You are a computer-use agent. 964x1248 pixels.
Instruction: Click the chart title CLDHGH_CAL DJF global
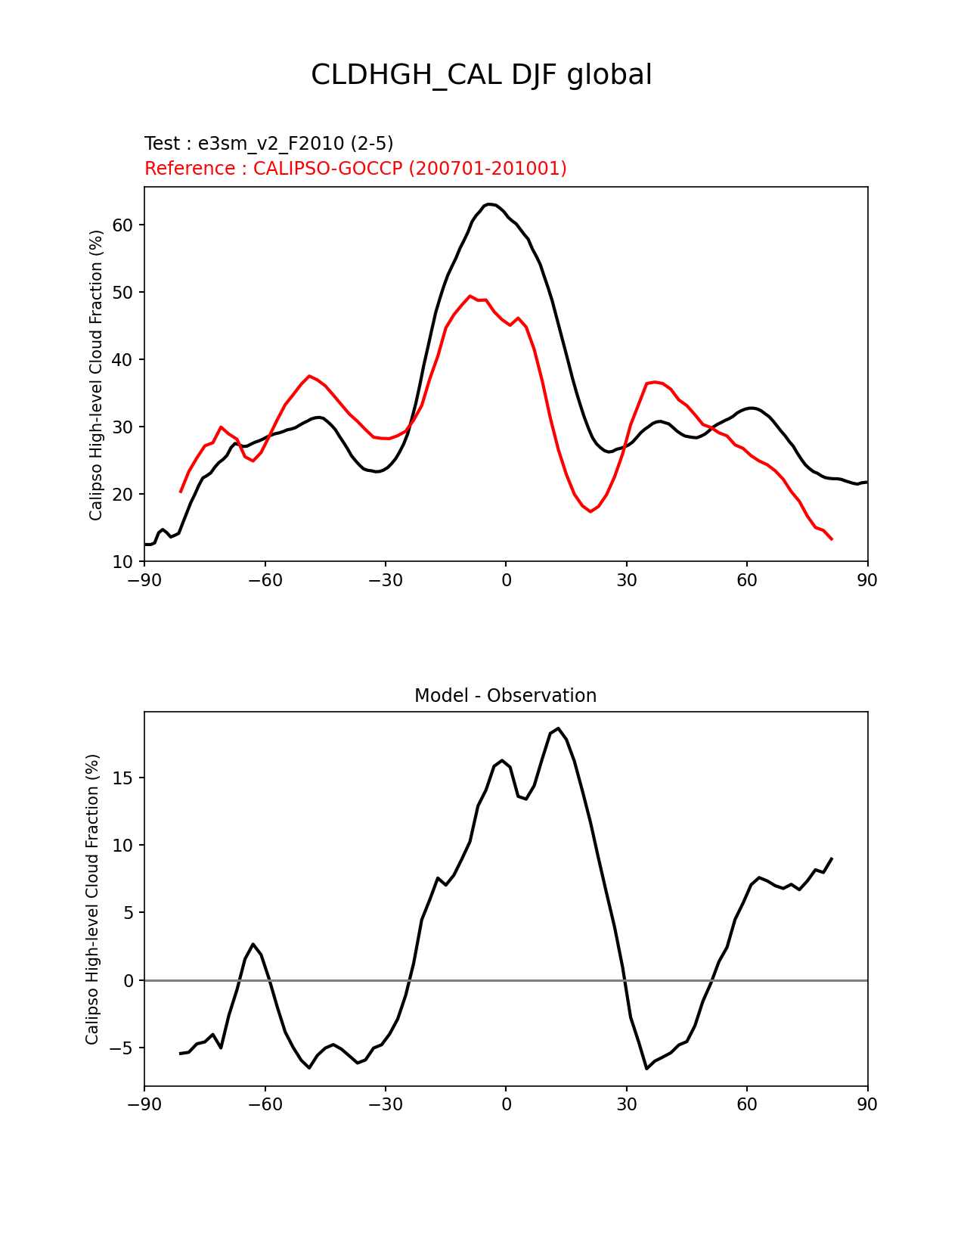pos(482,75)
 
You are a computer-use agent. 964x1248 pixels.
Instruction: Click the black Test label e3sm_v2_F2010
pos(268,144)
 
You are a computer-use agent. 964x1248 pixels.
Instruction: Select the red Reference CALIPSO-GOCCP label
pos(355,169)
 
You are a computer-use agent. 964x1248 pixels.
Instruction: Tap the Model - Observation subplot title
pos(505,696)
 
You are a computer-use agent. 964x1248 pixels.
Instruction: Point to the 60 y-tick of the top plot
pos(123,225)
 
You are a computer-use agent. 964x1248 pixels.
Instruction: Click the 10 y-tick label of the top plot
pos(123,562)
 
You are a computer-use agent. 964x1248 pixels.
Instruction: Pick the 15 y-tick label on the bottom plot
pos(123,778)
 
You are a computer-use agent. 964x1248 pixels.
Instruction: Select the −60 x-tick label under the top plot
pos(265,580)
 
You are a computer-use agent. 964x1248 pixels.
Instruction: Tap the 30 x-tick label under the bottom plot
pos(626,1105)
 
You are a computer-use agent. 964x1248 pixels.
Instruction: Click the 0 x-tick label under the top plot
pos(506,580)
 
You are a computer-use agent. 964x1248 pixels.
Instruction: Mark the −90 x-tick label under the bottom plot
pos(144,1105)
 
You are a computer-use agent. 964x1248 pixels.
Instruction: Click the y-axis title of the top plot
pos(96,375)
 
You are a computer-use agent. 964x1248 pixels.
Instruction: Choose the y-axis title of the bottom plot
pos(93,899)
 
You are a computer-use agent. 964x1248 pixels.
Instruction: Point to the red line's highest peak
pos(470,296)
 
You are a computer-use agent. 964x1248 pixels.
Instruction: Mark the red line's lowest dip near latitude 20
pos(590,511)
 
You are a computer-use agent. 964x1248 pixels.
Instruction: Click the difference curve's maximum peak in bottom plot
pos(558,728)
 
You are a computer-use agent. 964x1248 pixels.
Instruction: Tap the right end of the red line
pos(832,539)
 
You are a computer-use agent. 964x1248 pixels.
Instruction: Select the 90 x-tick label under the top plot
pos(867,580)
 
